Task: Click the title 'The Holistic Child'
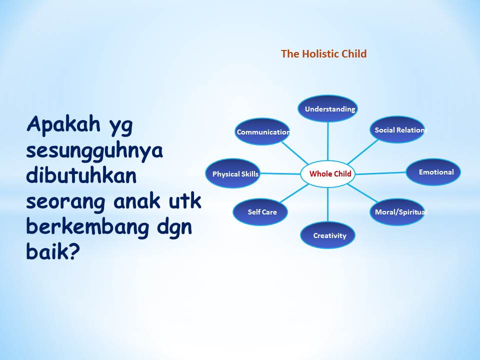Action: [323, 54]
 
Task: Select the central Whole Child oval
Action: [328, 173]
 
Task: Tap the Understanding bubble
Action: [327, 108]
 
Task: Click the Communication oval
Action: [262, 131]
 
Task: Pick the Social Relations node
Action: [397, 129]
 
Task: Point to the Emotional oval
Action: [433, 172]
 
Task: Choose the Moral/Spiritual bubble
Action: [397, 212]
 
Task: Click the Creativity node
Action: [327, 235]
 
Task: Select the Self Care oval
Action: [260, 212]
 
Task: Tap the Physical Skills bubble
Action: [232, 173]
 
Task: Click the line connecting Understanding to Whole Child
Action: [328, 141]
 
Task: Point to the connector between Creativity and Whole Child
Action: [328, 204]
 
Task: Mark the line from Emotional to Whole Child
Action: [381, 173]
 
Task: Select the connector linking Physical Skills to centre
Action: [280, 173]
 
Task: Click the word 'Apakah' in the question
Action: [63, 124]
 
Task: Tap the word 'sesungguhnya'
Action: [94, 150]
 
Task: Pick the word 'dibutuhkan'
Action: [81, 175]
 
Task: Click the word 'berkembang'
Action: [88, 226]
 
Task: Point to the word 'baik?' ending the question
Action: [53, 251]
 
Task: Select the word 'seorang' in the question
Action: [66, 201]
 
